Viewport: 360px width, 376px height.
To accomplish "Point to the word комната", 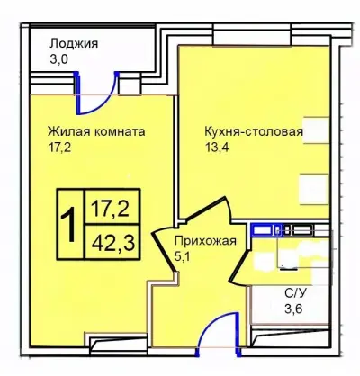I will click(118, 131).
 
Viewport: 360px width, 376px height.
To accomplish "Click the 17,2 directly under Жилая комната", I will click(59, 148).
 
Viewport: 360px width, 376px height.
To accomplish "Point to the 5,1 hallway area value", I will click(183, 256).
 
